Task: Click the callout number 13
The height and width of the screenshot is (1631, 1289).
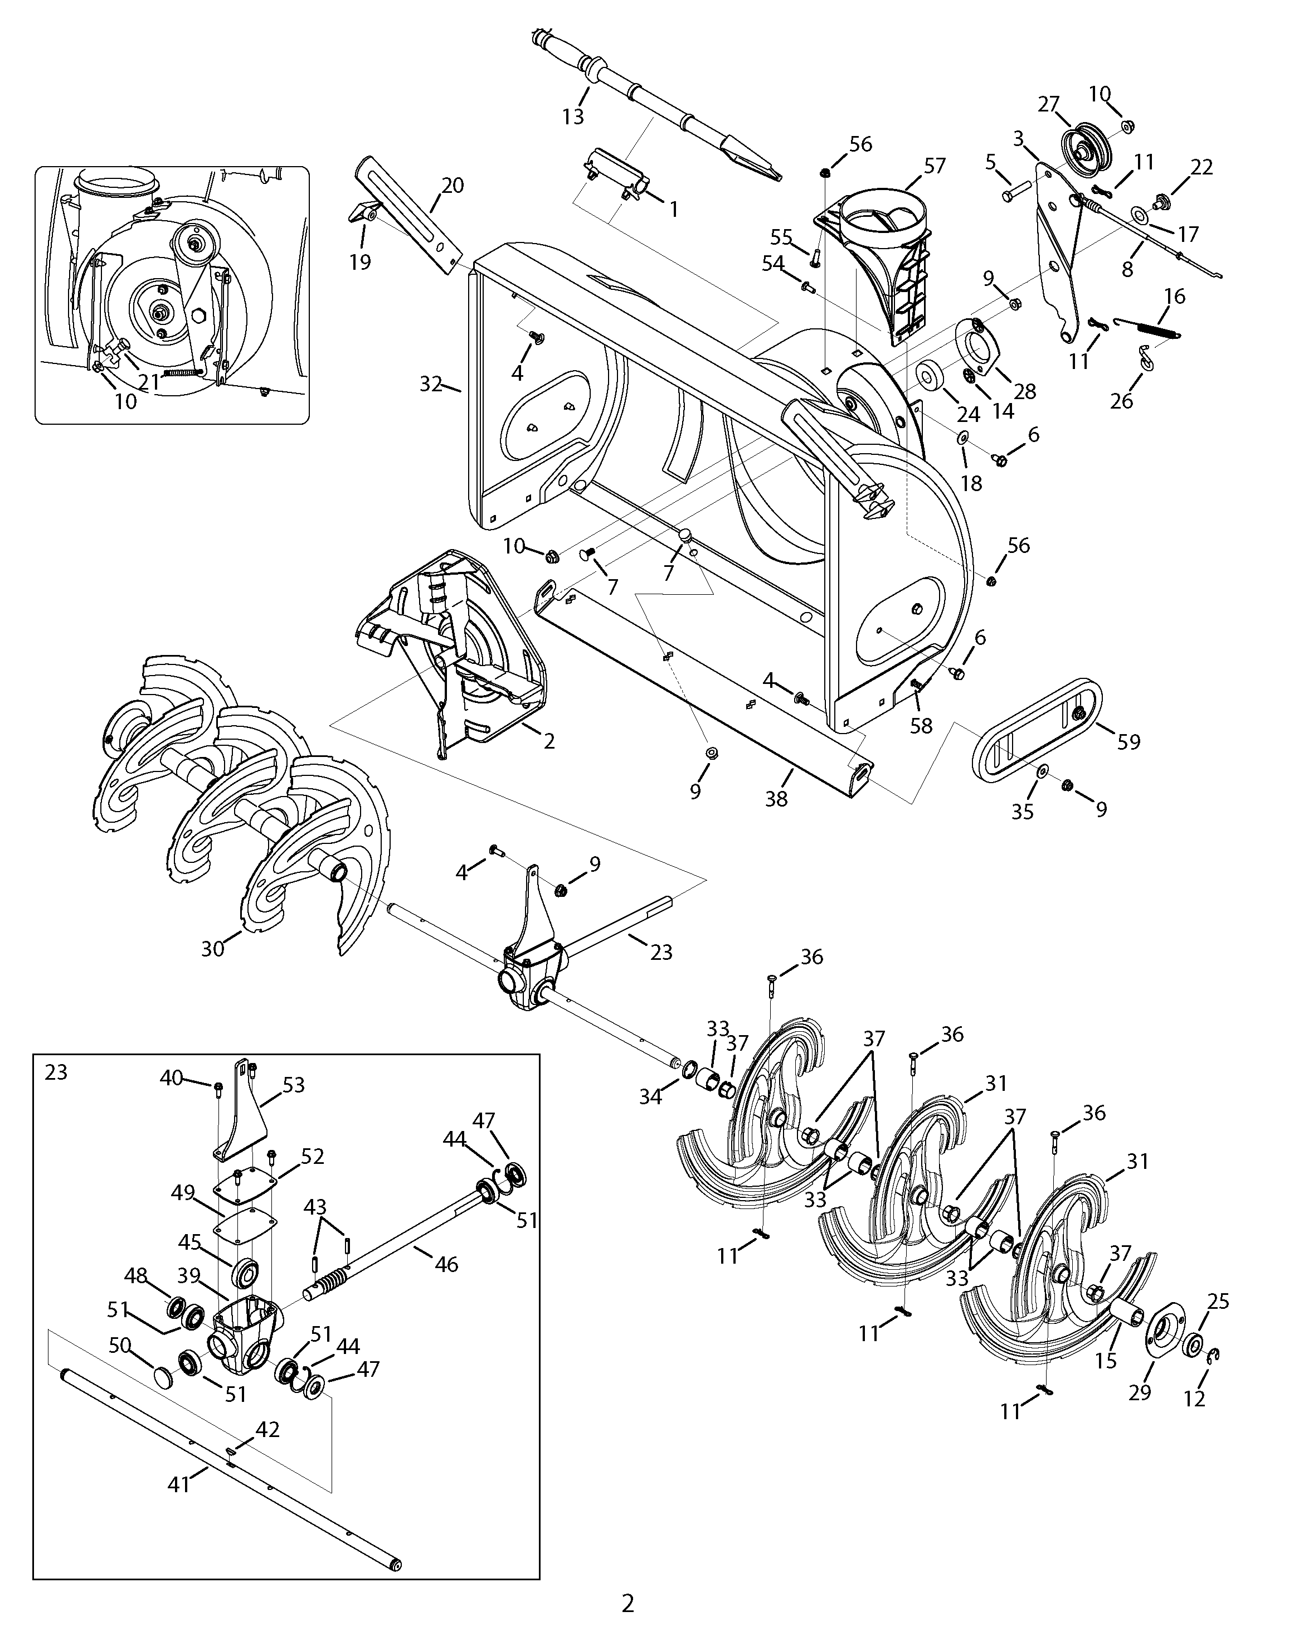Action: tap(573, 117)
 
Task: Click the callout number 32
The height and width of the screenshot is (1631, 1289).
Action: tap(432, 384)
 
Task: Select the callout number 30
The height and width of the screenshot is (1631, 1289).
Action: tap(213, 948)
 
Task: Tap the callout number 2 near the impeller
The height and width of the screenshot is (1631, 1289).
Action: tap(549, 741)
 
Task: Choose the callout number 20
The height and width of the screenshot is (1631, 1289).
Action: tap(453, 185)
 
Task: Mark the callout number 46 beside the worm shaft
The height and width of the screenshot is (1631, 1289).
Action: tap(447, 1264)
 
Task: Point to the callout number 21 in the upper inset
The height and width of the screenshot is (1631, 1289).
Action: tap(149, 382)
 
